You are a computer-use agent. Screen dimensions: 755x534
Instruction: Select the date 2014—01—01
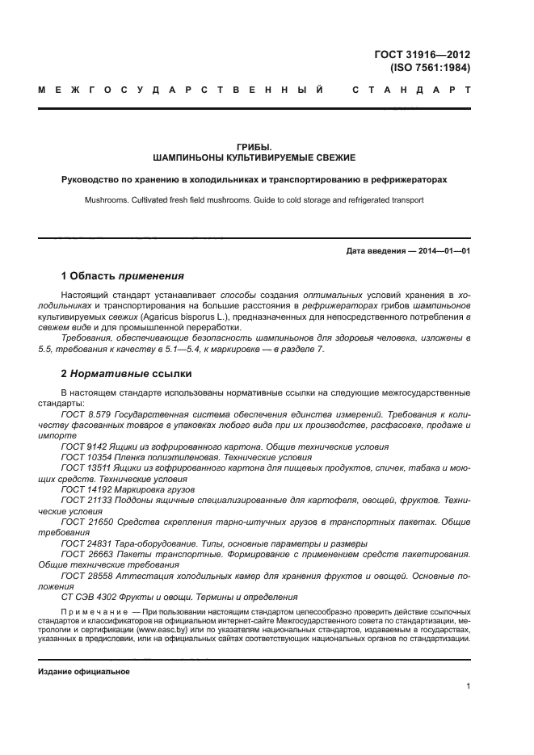pos(443,251)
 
